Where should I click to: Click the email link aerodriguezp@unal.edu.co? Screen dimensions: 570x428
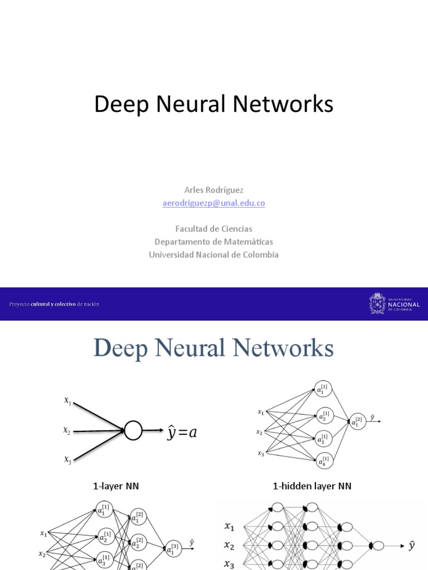click(213, 203)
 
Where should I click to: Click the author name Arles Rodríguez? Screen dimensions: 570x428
click(213, 190)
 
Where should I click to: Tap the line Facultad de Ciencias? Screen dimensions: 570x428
click(213, 229)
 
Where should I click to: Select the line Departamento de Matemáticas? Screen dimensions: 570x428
click(213, 242)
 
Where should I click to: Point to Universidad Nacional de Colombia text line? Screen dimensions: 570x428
click(213, 254)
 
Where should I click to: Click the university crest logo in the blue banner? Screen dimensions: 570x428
click(377, 304)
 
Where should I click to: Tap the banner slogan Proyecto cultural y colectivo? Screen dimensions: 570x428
click(54, 304)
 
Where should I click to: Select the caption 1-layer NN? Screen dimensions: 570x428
click(116, 486)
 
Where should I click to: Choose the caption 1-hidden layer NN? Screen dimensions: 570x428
click(312, 486)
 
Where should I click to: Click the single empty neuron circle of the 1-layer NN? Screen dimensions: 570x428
click(133, 430)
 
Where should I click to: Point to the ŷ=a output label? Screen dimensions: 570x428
click(182, 432)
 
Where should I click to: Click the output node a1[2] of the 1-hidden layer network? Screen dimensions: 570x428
click(357, 422)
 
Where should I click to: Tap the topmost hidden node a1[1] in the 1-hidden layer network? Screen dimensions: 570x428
click(323, 389)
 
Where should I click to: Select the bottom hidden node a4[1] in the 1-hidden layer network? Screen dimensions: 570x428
click(323, 460)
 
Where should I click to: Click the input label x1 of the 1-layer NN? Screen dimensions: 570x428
click(67, 400)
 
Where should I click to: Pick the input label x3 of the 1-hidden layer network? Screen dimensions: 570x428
click(260, 453)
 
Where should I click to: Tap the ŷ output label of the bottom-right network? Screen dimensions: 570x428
click(412, 546)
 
